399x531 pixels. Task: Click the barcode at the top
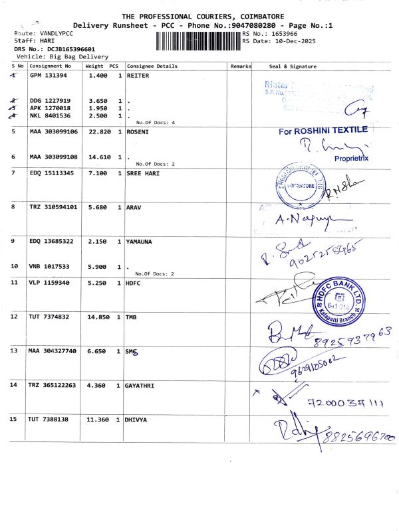pyautogui.click(x=198, y=42)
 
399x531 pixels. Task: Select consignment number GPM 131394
pyautogui.click(x=49, y=76)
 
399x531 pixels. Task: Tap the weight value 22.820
pyautogui.click(x=98, y=132)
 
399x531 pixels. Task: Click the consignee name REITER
pyautogui.click(x=138, y=76)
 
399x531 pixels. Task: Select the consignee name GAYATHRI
pyautogui.click(x=143, y=385)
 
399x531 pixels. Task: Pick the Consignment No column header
pyautogui.click(x=51, y=66)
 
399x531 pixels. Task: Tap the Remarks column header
pyautogui.click(x=241, y=66)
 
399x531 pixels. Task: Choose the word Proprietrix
pyautogui.click(x=352, y=159)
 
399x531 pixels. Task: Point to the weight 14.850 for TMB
pyautogui.click(x=98, y=317)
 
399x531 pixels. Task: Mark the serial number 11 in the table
pyautogui.click(x=14, y=283)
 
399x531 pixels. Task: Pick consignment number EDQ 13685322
pyautogui.click(x=51, y=242)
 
